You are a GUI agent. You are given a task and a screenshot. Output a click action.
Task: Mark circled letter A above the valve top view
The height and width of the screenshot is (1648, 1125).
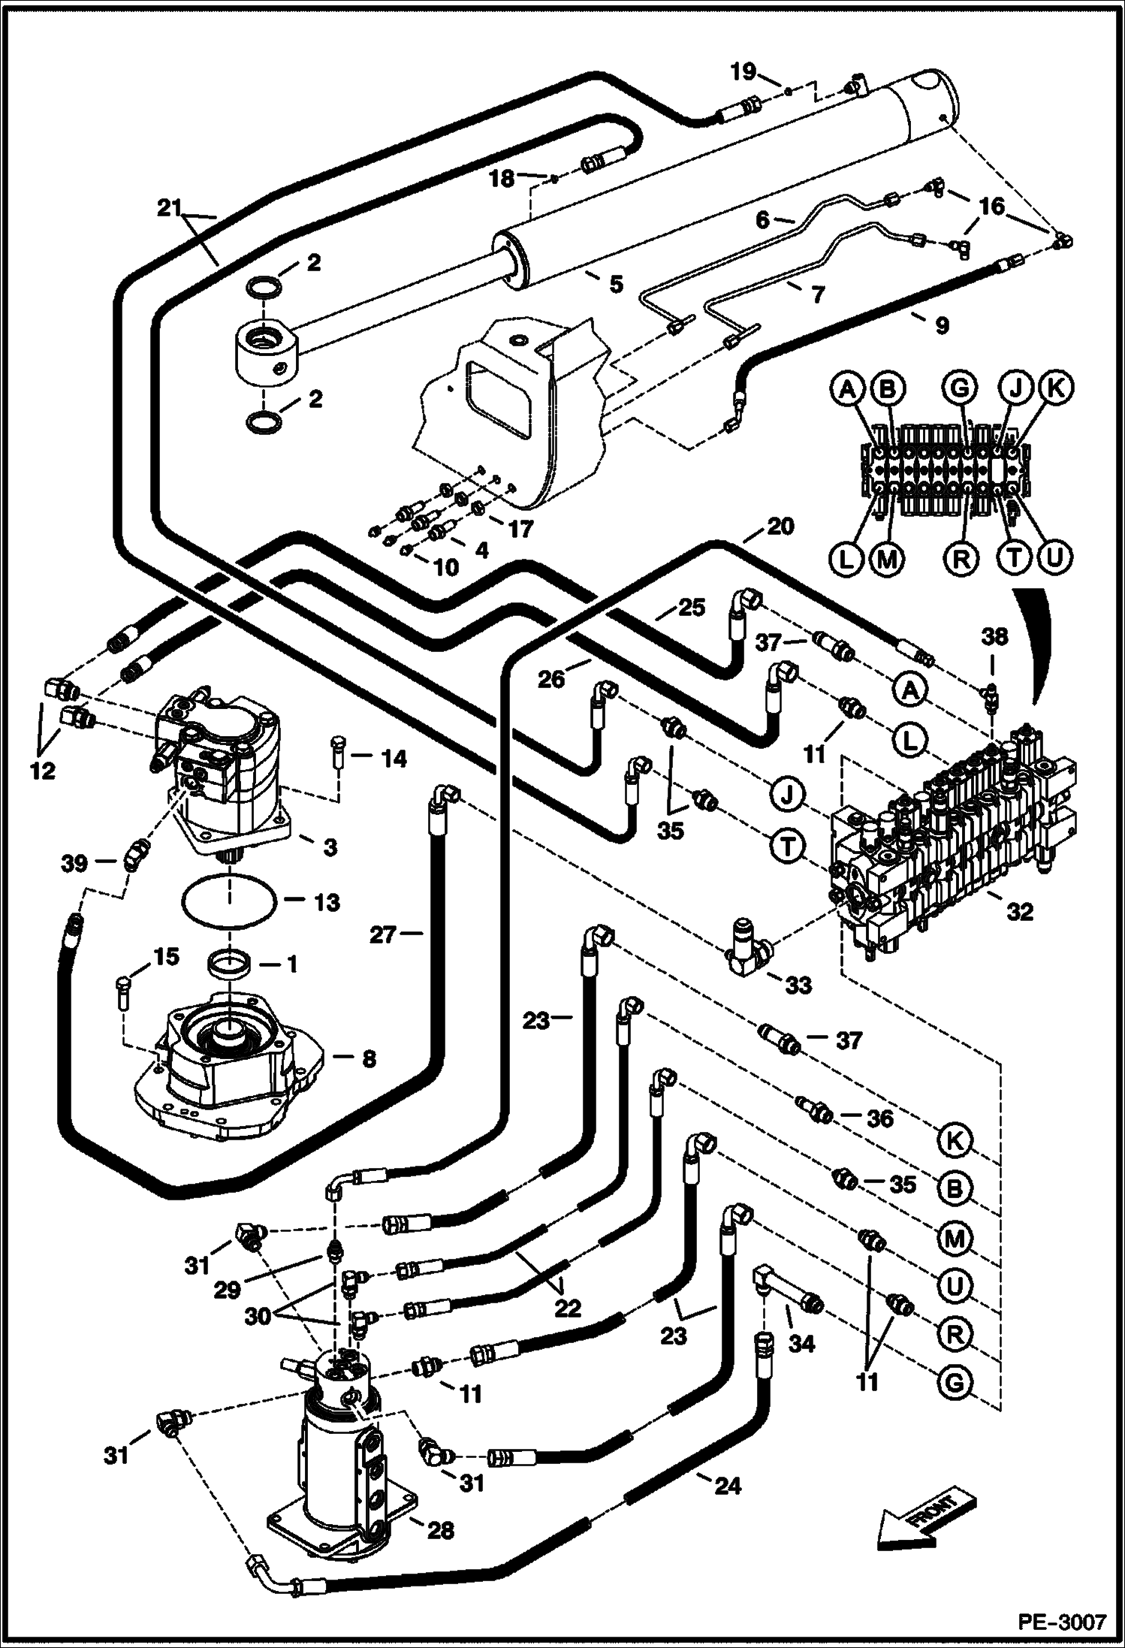[x=849, y=389]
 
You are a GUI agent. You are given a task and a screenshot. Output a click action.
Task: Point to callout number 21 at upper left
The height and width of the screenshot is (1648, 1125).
[x=170, y=208]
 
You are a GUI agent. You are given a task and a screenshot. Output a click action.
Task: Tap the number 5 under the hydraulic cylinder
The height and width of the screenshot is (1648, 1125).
[x=616, y=284]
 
